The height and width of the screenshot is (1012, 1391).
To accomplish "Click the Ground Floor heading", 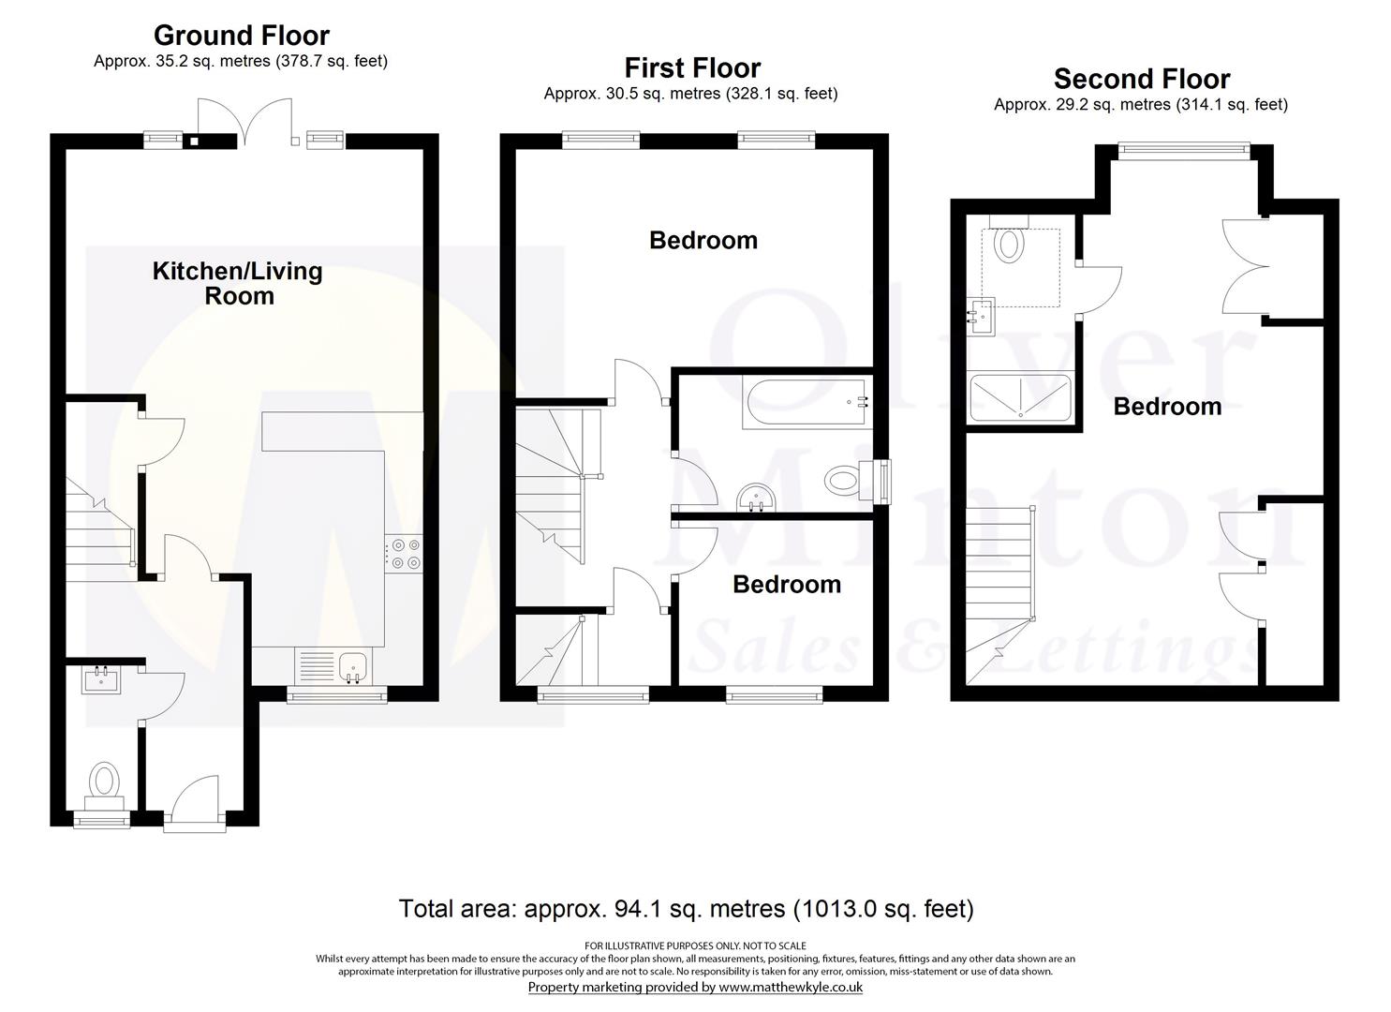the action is click(242, 36).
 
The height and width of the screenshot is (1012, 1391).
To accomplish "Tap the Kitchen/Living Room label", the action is click(238, 283).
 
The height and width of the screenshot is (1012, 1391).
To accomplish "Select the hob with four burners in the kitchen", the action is click(404, 554).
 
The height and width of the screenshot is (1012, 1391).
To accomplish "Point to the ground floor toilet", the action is click(104, 786).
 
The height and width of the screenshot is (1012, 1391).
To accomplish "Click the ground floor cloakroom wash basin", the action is click(101, 679).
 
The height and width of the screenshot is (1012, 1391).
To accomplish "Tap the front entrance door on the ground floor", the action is click(195, 802).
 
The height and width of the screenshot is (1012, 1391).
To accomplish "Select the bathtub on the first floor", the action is click(807, 403).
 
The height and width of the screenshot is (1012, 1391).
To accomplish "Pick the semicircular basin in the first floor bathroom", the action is click(756, 499).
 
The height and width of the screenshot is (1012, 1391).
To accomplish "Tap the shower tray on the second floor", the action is click(1020, 397).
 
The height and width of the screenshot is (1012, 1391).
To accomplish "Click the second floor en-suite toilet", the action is click(1009, 241).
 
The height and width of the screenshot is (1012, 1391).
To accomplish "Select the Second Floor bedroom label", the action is click(1167, 407).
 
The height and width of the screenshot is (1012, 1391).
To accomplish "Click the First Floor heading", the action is click(692, 67).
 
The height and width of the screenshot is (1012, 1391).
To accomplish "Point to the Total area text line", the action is click(687, 909).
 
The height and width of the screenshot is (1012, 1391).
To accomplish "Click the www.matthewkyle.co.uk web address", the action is click(791, 987).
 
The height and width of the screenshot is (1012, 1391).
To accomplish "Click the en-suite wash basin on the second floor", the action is click(983, 317).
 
